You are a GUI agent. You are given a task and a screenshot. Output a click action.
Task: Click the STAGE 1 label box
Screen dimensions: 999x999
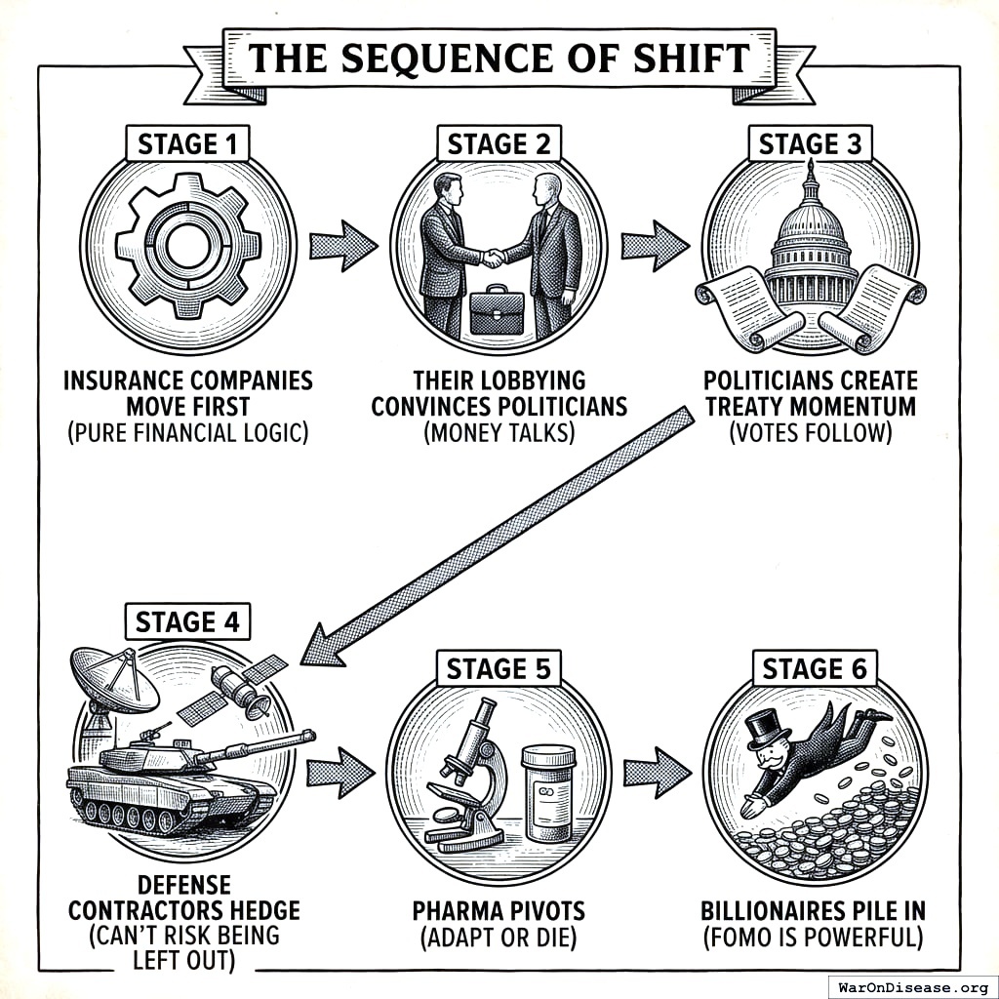click(x=186, y=144)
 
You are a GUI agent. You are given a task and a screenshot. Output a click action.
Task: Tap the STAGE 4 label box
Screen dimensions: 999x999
click(x=186, y=621)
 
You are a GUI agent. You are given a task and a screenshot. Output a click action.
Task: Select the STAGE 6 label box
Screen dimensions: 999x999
click(x=814, y=669)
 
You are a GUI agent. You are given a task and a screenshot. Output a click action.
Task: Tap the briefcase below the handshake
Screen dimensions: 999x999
click(x=497, y=311)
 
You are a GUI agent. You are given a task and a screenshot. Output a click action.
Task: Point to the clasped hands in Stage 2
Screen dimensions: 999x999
click(x=494, y=258)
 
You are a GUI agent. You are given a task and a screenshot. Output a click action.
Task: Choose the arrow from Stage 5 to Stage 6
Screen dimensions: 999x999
click(x=656, y=774)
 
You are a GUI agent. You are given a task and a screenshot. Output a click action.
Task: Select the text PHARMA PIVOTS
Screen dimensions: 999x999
click(x=499, y=911)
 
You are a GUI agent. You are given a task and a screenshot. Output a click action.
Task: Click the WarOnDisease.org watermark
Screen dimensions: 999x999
click(x=912, y=986)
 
